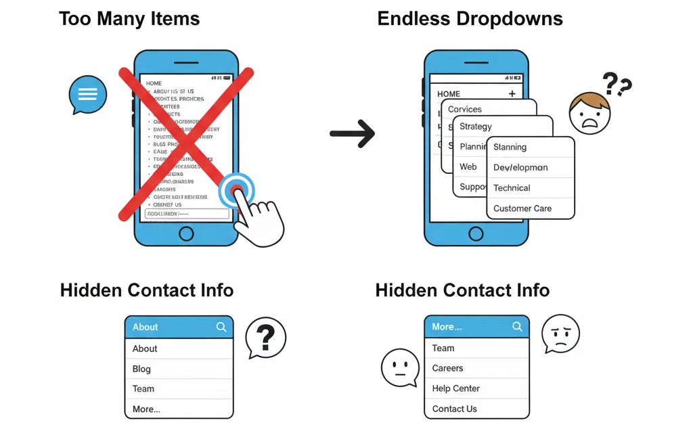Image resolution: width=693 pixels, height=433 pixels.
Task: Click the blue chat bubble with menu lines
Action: (88, 94)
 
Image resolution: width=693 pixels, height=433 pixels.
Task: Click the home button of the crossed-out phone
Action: (185, 233)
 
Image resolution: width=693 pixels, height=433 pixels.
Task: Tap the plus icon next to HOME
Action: (512, 94)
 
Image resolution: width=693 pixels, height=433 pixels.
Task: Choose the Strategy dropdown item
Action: (476, 127)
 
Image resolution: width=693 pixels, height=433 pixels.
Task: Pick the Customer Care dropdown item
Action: (522, 208)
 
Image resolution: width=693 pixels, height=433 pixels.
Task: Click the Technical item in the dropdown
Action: (512, 188)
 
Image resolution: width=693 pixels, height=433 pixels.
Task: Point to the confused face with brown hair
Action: (589, 114)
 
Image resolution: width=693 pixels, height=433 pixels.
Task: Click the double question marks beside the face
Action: (617, 85)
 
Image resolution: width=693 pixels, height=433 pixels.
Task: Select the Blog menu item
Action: (142, 369)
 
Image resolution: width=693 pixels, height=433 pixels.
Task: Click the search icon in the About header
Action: (221, 327)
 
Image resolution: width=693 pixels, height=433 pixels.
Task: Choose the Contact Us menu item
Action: (454, 409)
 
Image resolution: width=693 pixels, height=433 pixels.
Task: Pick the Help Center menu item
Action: (455, 388)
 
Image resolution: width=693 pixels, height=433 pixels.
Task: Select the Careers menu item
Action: (447, 368)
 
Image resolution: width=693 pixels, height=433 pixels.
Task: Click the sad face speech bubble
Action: (560, 334)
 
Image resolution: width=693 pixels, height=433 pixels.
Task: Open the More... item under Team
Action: (146, 409)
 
